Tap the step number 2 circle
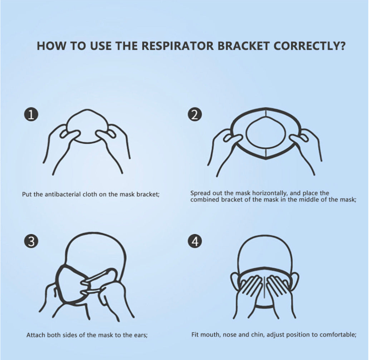195,115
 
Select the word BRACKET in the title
243,46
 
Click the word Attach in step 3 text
36,335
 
